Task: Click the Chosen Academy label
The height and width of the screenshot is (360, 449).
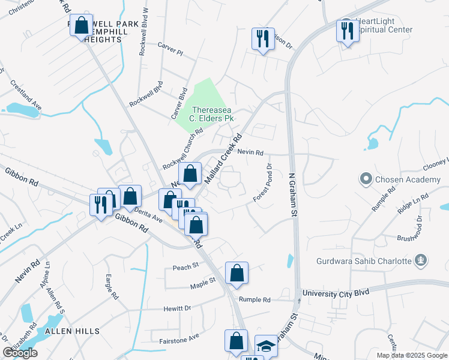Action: [x=407, y=179]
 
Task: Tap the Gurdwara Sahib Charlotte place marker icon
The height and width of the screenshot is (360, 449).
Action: [x=422, y=260]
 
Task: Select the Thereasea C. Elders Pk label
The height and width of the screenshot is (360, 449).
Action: [x=212, y=114]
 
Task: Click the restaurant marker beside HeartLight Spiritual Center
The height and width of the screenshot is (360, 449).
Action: [x=347, y=31]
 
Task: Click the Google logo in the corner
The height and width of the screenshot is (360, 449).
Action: [x=20, y=353]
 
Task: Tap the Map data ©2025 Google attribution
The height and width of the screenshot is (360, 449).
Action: [x=411, y=355]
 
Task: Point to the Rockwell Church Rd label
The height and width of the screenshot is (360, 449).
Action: [x=182, y=149]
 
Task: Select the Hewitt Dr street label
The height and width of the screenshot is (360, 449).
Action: [x=177, y=308]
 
